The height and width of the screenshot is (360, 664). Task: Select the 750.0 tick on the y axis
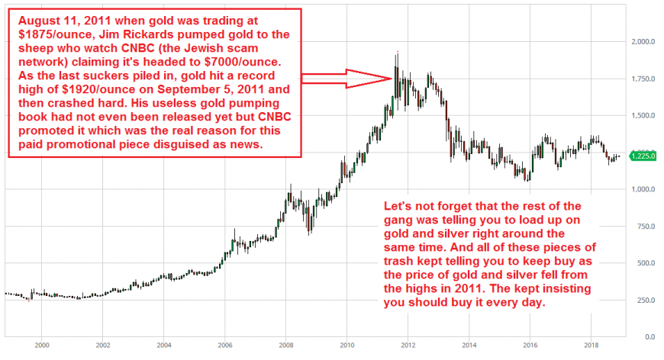click(x=643, y=226)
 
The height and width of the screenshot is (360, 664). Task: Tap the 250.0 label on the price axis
click(x=643, y=300)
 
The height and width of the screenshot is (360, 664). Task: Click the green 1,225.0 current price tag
click(x=643, y=156)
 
